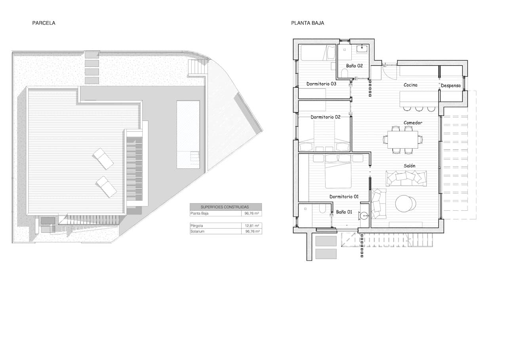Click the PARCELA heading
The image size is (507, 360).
tap(44, 23)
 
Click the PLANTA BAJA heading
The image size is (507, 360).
tap(307, 23)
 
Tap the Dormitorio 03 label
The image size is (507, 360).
tap(321, 84)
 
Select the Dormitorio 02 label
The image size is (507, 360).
tap(326, 117)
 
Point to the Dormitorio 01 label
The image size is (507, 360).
tap(344, 196)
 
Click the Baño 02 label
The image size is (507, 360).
tap(354, 66)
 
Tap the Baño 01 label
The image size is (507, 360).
tap(344, 212)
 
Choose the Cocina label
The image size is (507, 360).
tap(410, 85)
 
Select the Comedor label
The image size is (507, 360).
tap(413, 123)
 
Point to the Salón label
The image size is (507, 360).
tap(410, 166)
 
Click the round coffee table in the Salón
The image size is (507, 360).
tap(406, 204)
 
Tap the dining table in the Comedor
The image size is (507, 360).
tap(402, 139)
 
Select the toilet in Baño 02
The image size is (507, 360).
tap(344, 73)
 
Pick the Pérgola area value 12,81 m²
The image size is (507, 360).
tap(252, 225)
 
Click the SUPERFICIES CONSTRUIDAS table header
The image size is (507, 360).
tap(225, 207)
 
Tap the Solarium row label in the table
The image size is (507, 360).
tap(197, 231)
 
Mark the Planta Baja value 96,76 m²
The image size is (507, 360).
tap(252, 213)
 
